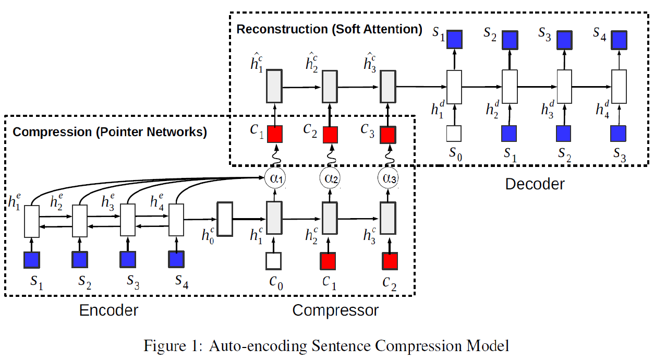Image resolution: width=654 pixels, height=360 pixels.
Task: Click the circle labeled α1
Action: point(274,178)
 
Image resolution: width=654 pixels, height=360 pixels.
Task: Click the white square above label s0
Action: point(455,134)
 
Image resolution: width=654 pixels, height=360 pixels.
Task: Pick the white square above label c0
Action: point(273,260)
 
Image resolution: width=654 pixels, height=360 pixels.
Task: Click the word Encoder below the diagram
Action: point(108,310)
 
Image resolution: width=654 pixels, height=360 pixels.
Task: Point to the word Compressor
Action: point(335,310)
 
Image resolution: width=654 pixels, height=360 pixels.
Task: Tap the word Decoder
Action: point(535,184)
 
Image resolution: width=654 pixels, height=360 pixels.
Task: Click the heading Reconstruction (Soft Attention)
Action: point(330,29)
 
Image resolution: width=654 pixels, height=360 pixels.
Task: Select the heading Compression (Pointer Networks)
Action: point(110,132)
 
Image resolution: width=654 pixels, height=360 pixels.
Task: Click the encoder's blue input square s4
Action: point(176,259)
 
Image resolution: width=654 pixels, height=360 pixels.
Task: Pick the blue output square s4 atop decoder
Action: point(619,39)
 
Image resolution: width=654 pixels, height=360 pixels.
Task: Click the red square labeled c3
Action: point(387,135)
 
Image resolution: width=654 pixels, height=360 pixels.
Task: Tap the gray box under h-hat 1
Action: point(274,87)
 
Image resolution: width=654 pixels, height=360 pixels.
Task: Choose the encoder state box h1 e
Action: point(32,221)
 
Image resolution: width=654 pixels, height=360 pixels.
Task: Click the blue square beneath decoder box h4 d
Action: point(619,134)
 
